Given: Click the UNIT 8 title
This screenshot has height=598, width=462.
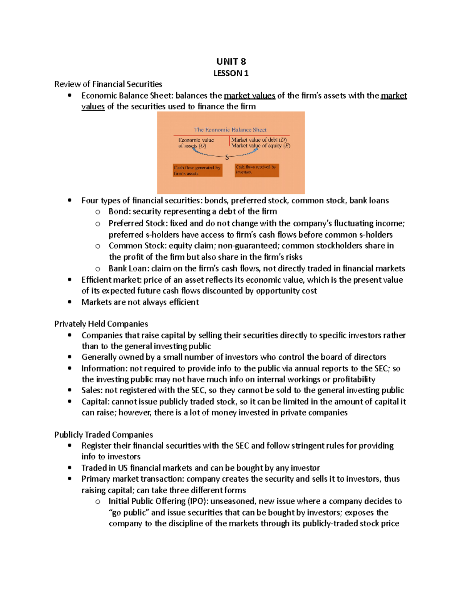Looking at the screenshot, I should [231, 62].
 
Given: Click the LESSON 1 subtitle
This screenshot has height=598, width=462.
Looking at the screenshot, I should [231, 73].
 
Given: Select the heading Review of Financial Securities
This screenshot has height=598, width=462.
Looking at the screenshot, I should [108, 84].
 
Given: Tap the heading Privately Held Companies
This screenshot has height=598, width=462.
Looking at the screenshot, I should [101, 324].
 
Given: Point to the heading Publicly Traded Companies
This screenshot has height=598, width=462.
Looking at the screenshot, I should [103, 435].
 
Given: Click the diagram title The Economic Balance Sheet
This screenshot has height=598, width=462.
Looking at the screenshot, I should [230, 130].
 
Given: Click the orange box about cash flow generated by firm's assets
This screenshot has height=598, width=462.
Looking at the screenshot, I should [198, 170].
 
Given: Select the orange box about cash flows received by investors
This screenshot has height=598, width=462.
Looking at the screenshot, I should [256, 170].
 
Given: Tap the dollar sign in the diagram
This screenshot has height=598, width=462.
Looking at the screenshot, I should [227, 157].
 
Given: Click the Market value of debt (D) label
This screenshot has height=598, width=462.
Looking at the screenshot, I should [259, 140].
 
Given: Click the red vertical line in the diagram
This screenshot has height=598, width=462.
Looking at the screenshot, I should [230, 141].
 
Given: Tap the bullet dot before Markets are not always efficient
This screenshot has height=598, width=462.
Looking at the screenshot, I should [69, 302].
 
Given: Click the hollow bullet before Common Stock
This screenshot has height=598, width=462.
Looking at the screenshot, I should [98, 246].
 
